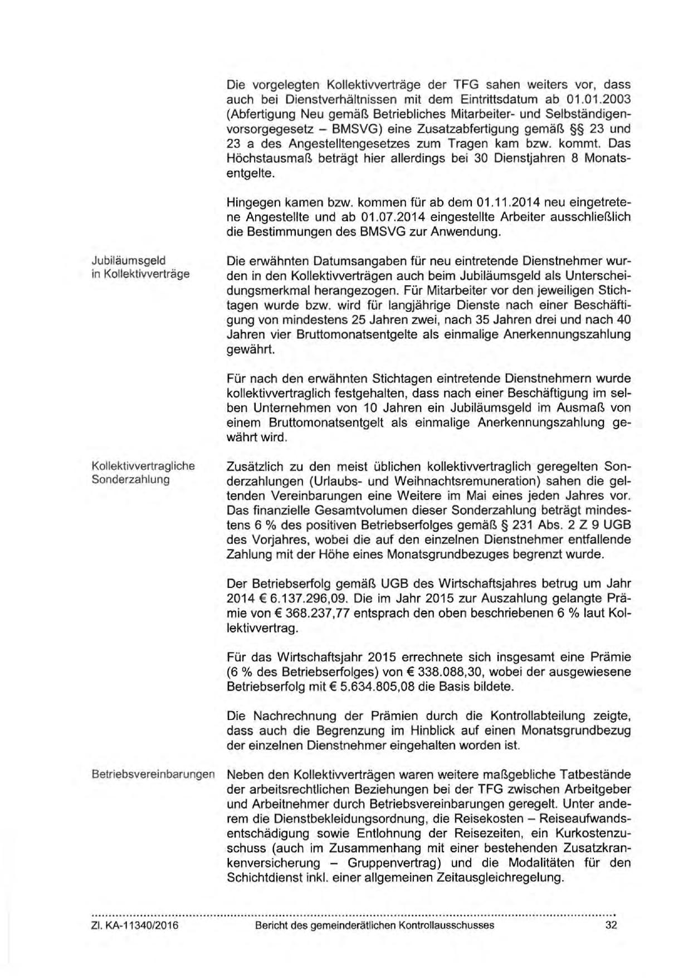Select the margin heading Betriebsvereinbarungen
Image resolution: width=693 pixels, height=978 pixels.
(x=153, y=775)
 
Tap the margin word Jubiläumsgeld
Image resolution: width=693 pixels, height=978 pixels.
(x=129, y=260)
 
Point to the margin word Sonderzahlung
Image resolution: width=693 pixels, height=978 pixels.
(x=130, y=480)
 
